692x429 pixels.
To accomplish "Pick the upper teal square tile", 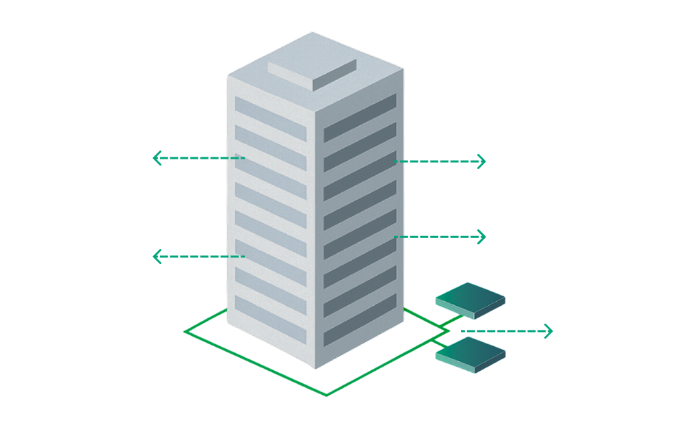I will (x=470, y=300).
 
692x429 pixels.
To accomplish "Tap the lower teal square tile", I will (x=470, y=356).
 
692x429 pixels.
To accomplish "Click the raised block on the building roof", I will (x=312, y=73).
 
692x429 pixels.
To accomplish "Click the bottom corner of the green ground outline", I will (x=326, y=395).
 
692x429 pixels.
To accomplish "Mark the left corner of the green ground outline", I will (x=185, y=332).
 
